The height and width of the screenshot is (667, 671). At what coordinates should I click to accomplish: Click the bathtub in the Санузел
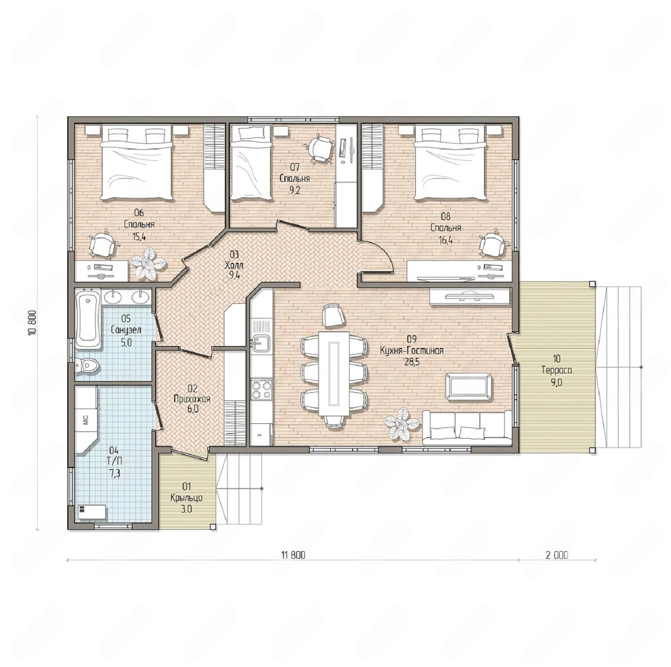88,319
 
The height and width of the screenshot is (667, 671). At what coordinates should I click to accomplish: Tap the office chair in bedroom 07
320,149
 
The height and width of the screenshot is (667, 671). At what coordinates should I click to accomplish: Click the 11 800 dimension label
293,555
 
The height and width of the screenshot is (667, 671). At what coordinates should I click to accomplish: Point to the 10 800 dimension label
32,323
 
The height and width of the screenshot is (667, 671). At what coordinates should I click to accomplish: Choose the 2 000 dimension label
557,555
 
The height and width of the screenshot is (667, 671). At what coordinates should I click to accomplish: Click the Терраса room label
556,370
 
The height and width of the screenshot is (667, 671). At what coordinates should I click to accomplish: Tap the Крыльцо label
187,498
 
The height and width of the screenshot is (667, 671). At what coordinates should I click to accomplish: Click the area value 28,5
412,362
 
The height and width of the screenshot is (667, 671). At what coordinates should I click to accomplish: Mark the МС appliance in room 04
85,419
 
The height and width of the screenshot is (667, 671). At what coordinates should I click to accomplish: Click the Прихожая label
192,399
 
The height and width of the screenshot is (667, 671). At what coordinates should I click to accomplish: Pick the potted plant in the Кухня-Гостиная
402,423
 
